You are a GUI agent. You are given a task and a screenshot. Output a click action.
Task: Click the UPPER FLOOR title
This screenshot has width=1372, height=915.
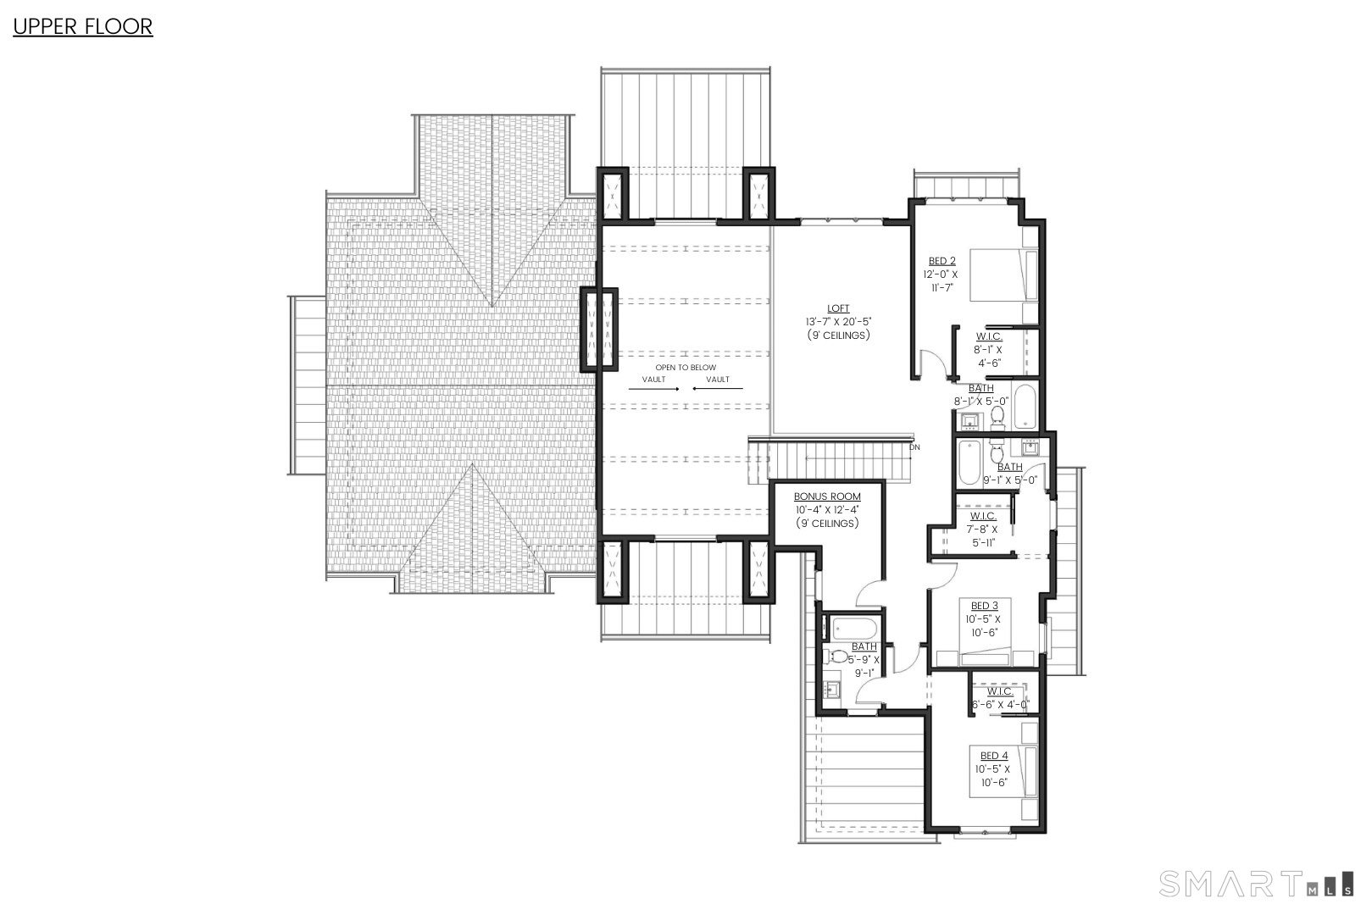(82, 26)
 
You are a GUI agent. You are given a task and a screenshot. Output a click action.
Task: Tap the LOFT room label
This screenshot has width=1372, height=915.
(838, 309)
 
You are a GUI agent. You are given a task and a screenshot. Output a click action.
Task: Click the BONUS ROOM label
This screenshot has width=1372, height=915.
(826, 497)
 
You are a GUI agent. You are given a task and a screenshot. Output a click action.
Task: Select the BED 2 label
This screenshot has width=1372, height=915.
(942, 262)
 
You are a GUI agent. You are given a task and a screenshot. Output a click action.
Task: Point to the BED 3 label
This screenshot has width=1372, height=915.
(984, 606)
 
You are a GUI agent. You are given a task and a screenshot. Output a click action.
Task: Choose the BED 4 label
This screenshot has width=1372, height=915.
(994, 756)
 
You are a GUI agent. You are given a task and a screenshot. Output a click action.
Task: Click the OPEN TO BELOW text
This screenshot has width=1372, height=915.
(685, 368)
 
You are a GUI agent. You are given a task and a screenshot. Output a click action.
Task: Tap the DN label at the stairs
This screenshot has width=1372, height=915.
(914, 446)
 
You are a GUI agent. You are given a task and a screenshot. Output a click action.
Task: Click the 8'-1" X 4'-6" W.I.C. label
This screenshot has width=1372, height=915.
(988, 337)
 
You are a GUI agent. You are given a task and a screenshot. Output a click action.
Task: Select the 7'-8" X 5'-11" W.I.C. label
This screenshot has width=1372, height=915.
(983, 516)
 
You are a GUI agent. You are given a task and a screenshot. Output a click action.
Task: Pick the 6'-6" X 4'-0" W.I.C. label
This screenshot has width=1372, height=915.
(1000, 692)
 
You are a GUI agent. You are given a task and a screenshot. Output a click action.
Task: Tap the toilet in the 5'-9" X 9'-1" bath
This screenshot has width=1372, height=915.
(836, 657)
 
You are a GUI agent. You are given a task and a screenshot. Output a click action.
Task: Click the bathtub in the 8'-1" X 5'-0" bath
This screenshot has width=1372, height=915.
(1024, 407)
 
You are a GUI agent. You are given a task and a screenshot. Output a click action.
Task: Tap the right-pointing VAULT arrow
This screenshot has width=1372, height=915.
(653, 389)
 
